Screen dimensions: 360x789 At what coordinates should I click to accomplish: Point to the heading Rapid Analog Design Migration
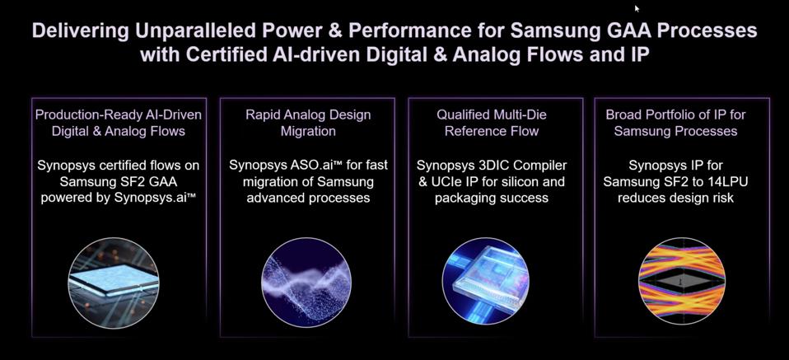point(308,123)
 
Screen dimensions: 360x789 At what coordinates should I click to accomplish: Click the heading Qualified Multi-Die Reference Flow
point(492,123)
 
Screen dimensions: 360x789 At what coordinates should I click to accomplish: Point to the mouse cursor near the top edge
point(636,7)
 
